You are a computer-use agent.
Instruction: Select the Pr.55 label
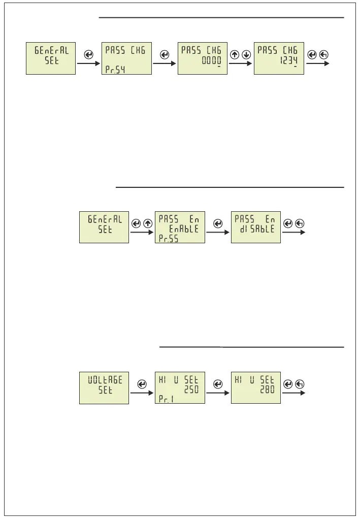(x=168, y=238)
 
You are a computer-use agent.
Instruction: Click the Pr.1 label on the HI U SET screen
(x=166, y=399)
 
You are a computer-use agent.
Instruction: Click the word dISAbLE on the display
(x=255, y=229)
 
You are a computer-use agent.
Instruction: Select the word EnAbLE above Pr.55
(x=184, y=229)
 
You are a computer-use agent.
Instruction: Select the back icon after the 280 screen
(x=299, y=384)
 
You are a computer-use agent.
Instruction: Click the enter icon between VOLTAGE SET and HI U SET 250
(x=142, y=384)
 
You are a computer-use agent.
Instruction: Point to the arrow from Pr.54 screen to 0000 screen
(x=165, y=63)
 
